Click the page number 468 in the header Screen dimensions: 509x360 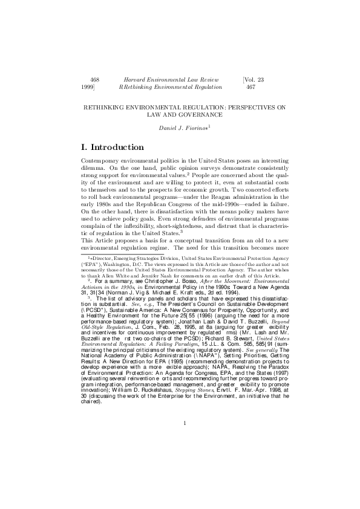(94, 79)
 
